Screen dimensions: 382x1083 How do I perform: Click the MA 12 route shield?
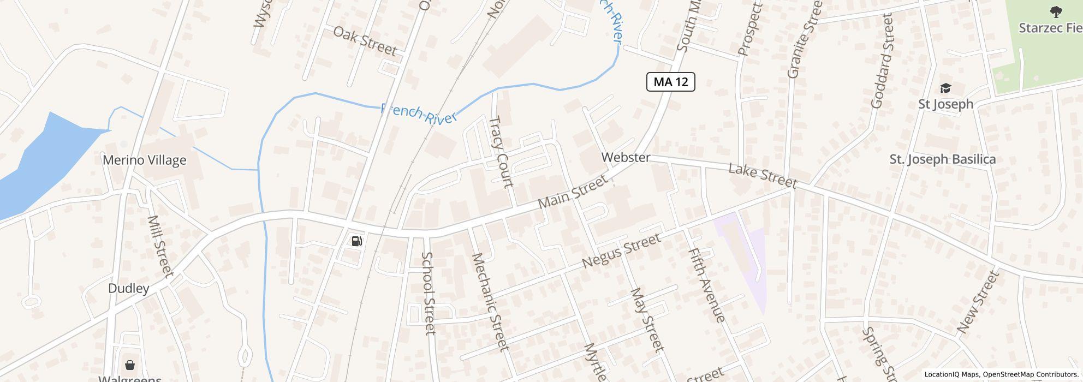pos(670,82)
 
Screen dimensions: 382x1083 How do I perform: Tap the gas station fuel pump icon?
pos(357,241)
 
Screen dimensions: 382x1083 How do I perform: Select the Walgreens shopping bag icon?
pos(130,365)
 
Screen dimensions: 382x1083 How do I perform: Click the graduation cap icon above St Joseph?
pos(945,88)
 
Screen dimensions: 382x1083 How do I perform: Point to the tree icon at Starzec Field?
pos(1056,11)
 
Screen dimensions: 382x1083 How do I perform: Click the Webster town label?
pos(626,157)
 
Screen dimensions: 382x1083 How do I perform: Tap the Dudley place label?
pos(128,288)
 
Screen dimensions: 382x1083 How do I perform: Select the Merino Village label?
pos(144,160)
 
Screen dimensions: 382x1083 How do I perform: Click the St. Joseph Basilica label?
pos(942,159)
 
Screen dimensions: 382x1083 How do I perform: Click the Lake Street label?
pos(763,176)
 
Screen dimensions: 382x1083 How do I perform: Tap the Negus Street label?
pos(621,250)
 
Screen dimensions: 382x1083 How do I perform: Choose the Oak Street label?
pos(364,40)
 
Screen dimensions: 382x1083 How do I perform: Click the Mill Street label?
pos(160,246)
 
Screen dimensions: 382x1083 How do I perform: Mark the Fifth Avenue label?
pos(706,285)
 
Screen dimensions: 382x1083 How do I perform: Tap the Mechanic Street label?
pos(490,302)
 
